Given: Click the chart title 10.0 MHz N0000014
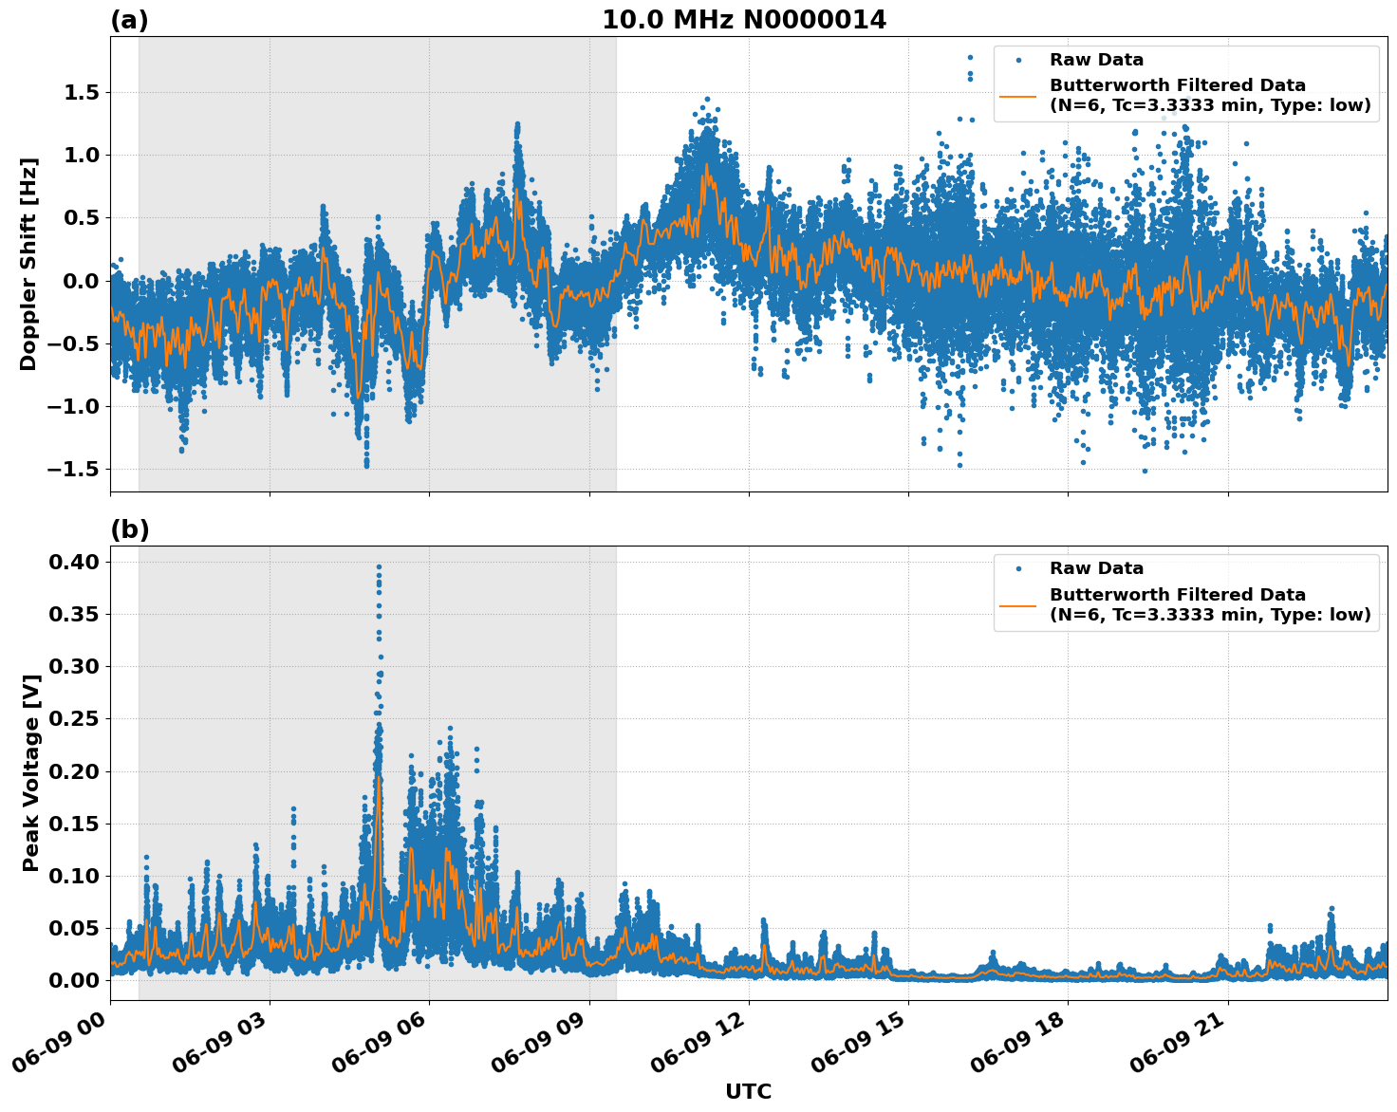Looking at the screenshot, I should pyautogui.click(x=744, y=20).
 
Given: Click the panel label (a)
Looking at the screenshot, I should pyautogui.click(x=129, y=20).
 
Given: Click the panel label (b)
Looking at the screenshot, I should pyautogui.click(x=129, y=529).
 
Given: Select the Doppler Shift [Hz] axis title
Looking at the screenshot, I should pyautogui.click(x=28, y=264).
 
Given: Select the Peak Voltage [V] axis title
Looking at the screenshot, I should pyautogui.click(x=30, y=772).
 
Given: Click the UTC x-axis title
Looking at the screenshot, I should pyautogui.click(x=748, y=1091).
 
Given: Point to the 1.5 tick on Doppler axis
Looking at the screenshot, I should pyautogui.click(x=83, y=93).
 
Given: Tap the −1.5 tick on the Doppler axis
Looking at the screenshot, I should pyautogui.click(x=75, y=470).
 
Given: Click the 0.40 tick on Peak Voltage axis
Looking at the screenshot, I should pyautogui.click(x=74, y=563).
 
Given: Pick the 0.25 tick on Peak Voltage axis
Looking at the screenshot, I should pyautogui.click(x=74, y=719).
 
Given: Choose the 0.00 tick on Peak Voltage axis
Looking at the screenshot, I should pyautogui.click(x=74, y=980).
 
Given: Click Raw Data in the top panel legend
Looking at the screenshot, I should pyautogui.click(x=1096, y=60).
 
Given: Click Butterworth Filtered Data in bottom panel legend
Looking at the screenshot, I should pyautogui.click(x=1177, y=595).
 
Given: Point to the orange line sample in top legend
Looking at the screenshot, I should pyautogui.click(x=1018, y=96).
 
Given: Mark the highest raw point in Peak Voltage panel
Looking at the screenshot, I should pyautogui.click(x=379, y=566).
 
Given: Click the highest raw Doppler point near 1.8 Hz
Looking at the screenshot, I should pyautogui.click(x=970, y=57).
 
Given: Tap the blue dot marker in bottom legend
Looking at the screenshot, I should pyautogui.click(x=1018, y=568).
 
